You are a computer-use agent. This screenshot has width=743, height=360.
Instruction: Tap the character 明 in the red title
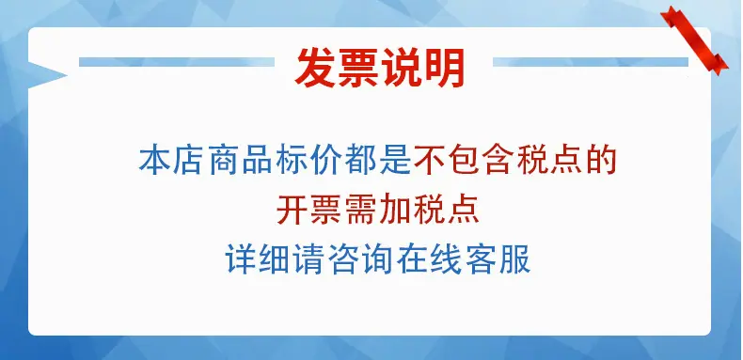(444, 68)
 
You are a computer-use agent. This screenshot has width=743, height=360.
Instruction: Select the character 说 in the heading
(402, 68)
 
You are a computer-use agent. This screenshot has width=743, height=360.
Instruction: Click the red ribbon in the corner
(695, 39)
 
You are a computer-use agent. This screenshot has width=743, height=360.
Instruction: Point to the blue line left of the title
(177, 62)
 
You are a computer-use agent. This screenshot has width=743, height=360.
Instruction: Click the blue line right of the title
(591, 62)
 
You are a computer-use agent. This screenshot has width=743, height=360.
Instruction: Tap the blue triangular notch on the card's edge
(47, 75)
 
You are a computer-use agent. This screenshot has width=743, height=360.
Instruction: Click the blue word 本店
(172, 161)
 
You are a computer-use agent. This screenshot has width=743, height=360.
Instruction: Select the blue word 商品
(240, 161)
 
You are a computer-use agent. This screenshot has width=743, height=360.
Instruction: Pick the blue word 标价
(308, 161)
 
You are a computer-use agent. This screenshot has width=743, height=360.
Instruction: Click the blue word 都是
(378, 161)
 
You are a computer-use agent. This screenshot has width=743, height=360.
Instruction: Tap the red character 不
(429, 161)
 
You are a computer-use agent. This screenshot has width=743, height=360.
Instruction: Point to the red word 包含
(481, 161)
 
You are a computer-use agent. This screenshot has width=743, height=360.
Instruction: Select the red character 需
(360, 210)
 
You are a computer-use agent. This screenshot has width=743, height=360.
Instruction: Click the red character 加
(395, 210)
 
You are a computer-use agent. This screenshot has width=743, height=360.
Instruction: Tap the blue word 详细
(258, 258)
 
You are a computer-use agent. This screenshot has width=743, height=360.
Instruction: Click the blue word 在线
(429, 258)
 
